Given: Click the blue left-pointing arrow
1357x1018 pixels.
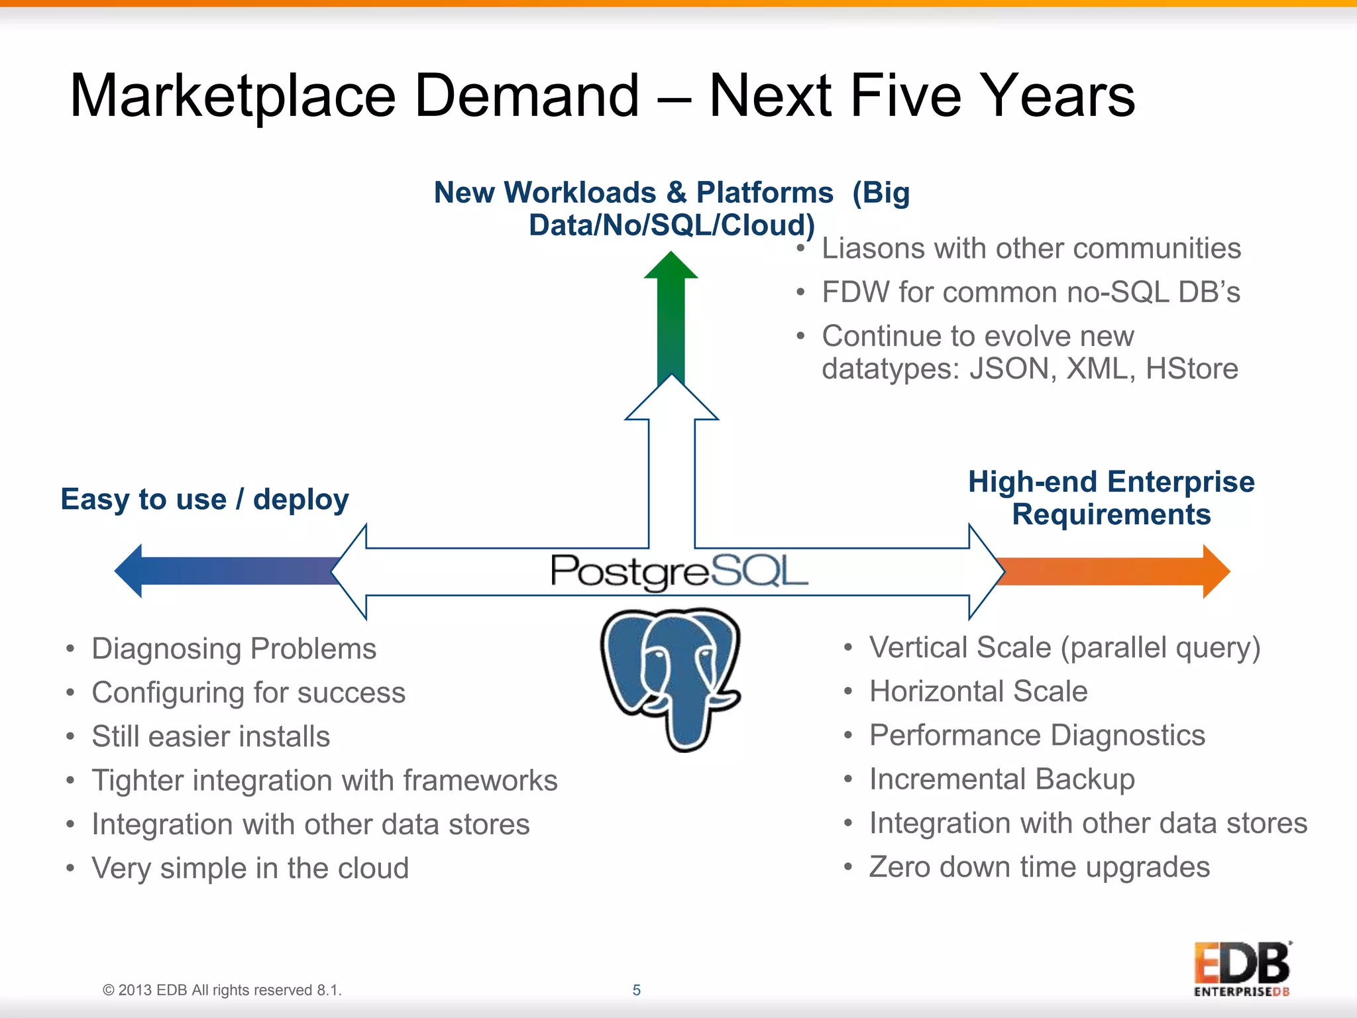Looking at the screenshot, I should tap(225, 571).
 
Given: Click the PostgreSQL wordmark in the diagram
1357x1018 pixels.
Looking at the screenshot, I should tap(678, 571).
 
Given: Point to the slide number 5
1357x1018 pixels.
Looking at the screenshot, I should tap(636, 990).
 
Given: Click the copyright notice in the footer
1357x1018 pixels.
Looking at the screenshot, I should tap(222, 990).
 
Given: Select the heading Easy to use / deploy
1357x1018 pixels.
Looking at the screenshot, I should tap(204, 499).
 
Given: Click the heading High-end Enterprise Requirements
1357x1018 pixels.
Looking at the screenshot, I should tap(1111, 498).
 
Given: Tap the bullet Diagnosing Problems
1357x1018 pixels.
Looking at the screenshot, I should tap(233, 649).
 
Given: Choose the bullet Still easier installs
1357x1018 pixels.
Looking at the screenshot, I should tap(211, 736).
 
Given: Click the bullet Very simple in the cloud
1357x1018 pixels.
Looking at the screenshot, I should tap(250, 868).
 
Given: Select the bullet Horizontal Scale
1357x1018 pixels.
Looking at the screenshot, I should tap(978, 691).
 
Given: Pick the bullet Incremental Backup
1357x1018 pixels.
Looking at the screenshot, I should tap(1002, 779).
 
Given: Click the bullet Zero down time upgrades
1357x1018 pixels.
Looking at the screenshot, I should tap(1039, 867).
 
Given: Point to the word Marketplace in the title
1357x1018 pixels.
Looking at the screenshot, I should tap(233, 96).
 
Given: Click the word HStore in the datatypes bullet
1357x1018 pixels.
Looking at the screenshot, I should tap(1191, 368).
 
